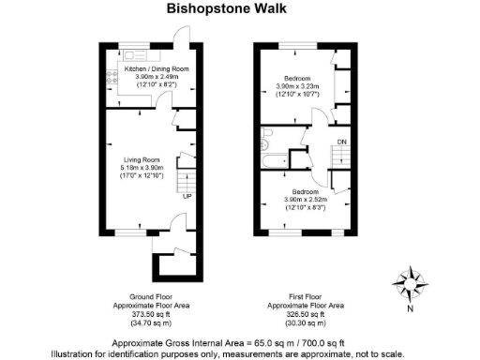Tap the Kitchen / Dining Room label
click(x=157, y=69)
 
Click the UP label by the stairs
click(x=187, y=196)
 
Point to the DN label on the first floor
click(x=341, y=142)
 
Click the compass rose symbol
click(x=409, y=282)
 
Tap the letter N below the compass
click(x=410, y=307)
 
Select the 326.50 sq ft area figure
click(x=305, y=314)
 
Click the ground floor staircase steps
click(x=187, y=178)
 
